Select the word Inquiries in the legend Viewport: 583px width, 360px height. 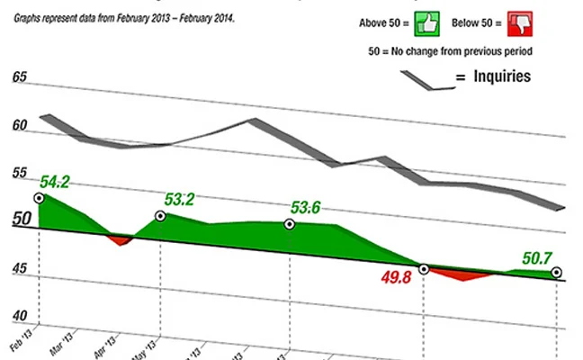tap(498, 76)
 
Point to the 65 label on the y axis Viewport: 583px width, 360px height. tap(18, 77)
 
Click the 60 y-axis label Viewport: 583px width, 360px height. tap(18, 127)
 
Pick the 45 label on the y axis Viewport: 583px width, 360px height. tap(18, 267)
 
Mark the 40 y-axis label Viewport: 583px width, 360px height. tap(18, 316)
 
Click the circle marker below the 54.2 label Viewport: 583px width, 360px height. tap(38, 198)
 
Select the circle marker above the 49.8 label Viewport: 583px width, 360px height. tap(424, 268)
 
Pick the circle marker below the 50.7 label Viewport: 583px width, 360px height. tap(557, 272)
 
